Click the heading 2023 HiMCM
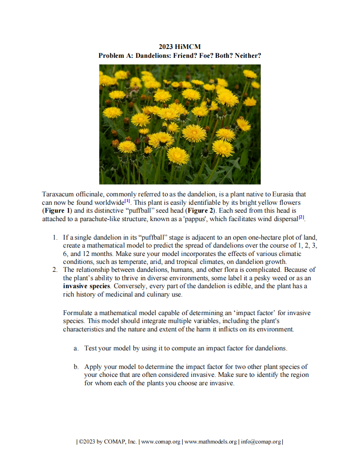pyautogui.click(x=180, y=47)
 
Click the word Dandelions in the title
pyautogui.click(x=152, y=56)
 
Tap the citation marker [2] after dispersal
pyautogui.click(x=301, y=218)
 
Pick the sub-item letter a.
pyautogui.click(x=76, y=348)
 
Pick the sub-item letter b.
pyautogui.click(x=76, y=366)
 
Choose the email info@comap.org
pyautogui.click(x=261, y=442)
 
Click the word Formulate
pyautogui.click(x=78, y=313)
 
